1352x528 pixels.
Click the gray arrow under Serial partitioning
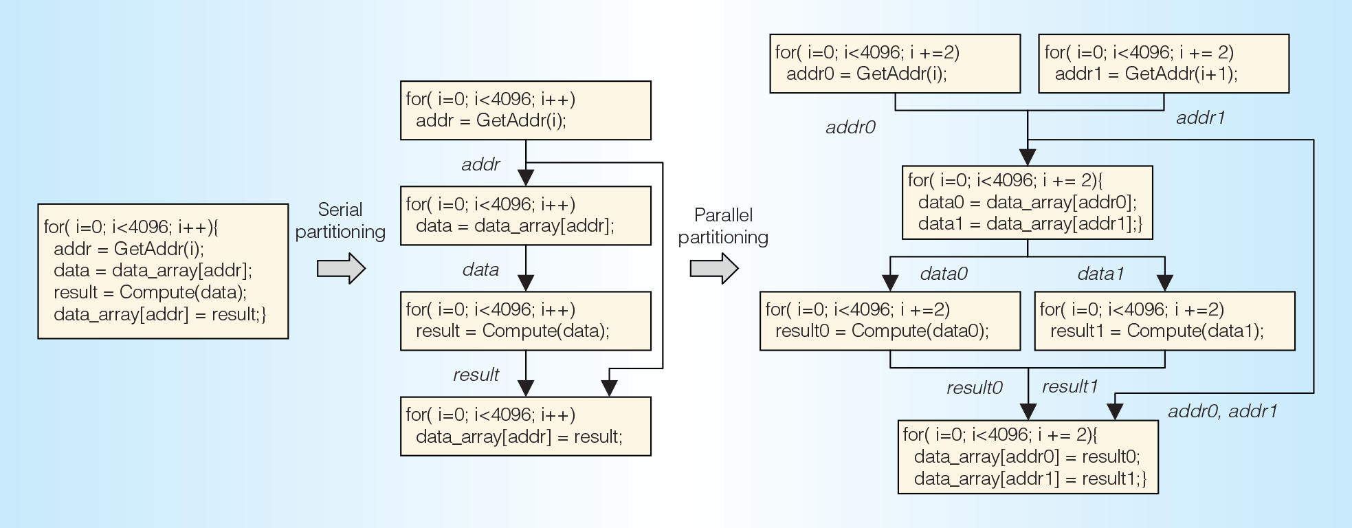point(341,268)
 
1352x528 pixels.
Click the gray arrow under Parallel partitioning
point(714,268)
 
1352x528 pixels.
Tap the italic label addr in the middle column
point(480,165)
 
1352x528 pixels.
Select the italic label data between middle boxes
point(480,269)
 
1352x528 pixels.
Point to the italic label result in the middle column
point(476,375)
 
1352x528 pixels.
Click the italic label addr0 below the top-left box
point(850,127)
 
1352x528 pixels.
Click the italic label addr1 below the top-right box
point(1201,118)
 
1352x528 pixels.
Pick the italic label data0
point(944,274)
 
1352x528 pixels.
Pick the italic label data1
point(1101,274)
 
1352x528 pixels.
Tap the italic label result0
point(975,388)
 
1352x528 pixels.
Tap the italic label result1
point(1070,386)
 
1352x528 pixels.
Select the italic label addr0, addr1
point(1223,411)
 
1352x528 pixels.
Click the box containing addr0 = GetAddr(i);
point(895,64)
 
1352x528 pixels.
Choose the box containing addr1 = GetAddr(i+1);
point(1164,64)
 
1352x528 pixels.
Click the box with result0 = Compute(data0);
point(890,321)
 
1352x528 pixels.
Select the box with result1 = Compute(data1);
point(1165,321)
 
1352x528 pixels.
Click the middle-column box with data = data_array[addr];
point(526,216)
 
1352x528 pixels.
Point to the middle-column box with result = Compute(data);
point(526,321)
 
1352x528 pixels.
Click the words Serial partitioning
point(340,221)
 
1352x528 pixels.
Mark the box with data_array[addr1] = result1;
point(1028,457)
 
